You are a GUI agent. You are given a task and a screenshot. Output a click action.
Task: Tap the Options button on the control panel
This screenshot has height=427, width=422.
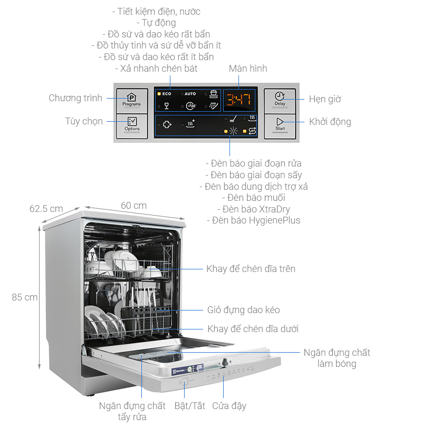[x=132, y=124]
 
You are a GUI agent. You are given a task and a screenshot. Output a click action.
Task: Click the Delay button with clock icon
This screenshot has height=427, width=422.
[x=280, y=99]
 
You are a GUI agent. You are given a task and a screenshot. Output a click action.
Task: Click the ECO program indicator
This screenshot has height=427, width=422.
[x=165, y=94]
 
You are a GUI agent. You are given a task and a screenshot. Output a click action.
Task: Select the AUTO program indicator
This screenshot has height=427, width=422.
[x=189, y=94]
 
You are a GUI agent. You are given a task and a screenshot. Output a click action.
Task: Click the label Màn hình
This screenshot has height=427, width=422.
[x=248, y=69]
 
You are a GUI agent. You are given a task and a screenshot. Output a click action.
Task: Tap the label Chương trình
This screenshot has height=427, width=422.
[x=75, y=98]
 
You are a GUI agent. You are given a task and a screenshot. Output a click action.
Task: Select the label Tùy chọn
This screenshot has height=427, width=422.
[x=84, y=121]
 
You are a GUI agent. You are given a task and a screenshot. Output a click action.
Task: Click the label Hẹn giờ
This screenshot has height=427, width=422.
[x=325, y=99]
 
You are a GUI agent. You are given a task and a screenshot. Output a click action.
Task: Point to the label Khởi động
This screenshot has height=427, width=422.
[x=330, y=122]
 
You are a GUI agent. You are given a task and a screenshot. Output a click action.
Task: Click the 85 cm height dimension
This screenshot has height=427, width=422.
[x=25, y=297]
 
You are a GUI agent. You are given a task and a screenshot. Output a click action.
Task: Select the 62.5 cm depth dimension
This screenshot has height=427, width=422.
[x=46, y=209]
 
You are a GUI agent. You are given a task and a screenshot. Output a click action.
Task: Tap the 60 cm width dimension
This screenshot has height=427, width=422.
[x=133, y=206]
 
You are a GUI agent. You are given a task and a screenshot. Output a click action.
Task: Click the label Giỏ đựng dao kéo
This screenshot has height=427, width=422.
[x=244, y=310]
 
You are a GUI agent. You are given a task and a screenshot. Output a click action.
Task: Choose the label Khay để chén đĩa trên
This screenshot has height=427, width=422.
[x=251, y=269]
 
